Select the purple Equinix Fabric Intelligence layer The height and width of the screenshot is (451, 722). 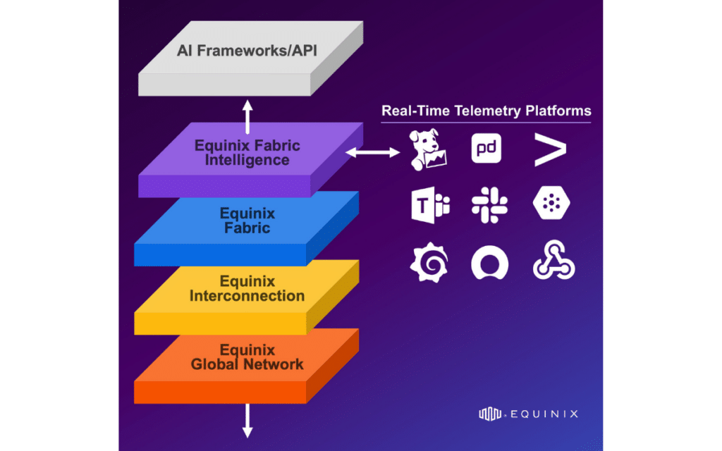(247, 153)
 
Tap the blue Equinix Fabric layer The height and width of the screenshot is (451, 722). (247, 220)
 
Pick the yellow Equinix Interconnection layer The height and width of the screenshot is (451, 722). (247, 288)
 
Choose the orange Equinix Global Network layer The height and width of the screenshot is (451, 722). (247, 357)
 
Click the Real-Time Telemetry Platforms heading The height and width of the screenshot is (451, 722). (486, 111)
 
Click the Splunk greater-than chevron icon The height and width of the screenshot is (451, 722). (550, 149)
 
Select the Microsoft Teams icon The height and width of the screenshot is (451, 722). (429, 205)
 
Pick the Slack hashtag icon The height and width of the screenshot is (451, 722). (489, 205)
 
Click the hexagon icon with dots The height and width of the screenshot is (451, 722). (551, 205)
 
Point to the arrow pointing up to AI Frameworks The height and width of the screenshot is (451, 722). (247, 116)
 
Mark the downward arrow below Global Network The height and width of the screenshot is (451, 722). (247, 421)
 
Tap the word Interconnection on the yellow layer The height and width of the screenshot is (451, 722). (247, 295)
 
